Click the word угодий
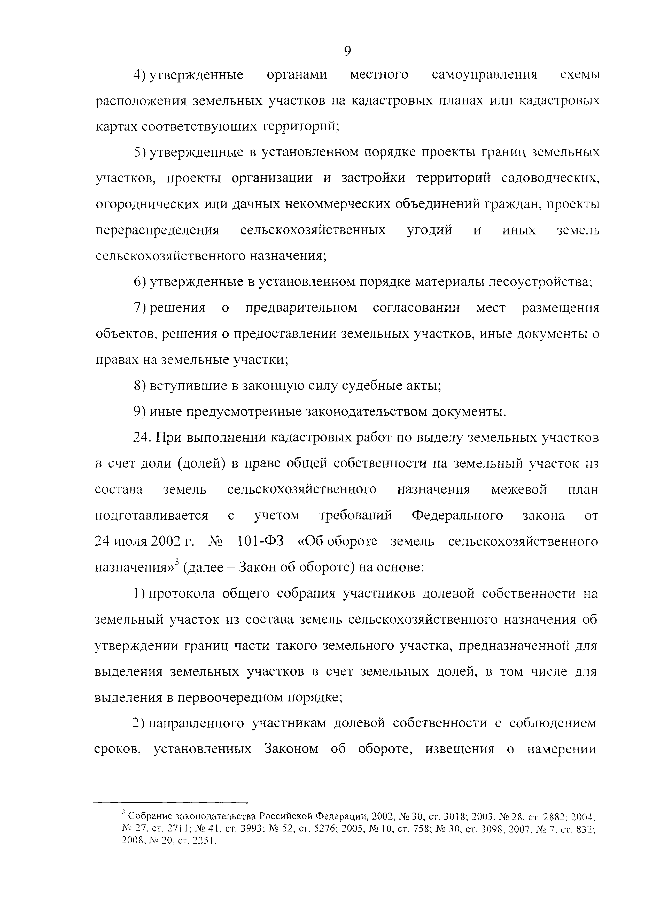click(x=429, y=231)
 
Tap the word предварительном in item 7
click(x=301, y=308)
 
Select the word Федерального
click(x=457, y=516)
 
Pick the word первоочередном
click(x=229, y=698)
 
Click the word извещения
click(x=460, y=749)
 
